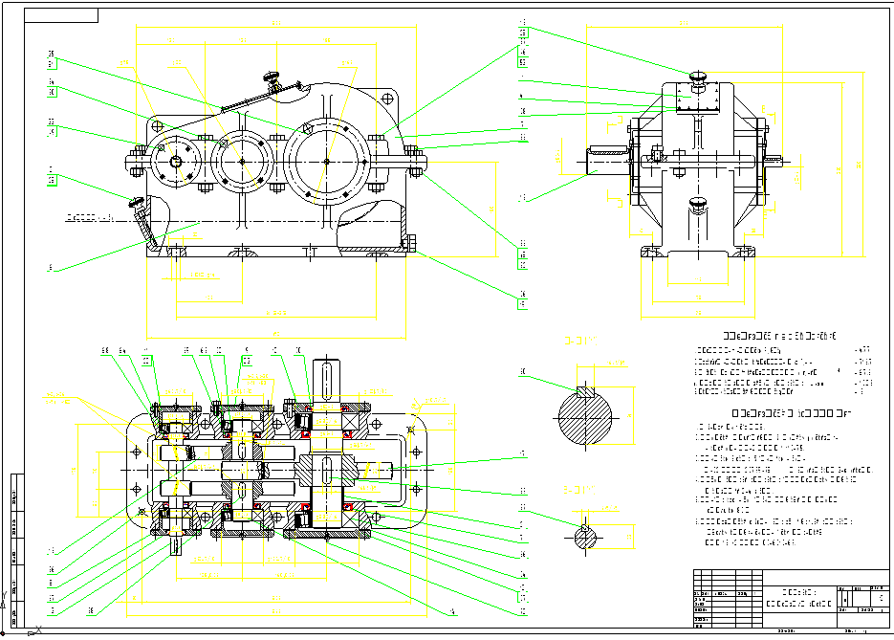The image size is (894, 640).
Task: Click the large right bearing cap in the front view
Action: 327,161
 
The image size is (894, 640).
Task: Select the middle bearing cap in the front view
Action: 243,161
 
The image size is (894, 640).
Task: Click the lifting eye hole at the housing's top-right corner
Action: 387,98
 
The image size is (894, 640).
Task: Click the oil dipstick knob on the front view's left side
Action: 135,202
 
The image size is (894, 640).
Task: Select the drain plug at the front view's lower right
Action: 412,244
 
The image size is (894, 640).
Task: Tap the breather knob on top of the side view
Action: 697,77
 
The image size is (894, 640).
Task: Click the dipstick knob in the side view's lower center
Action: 698,204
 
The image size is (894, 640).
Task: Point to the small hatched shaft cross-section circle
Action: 585,538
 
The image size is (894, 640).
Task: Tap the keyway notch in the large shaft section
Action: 585,390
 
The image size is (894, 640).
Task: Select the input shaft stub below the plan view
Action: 179,546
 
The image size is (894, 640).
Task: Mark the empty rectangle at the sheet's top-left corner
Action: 61,15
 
